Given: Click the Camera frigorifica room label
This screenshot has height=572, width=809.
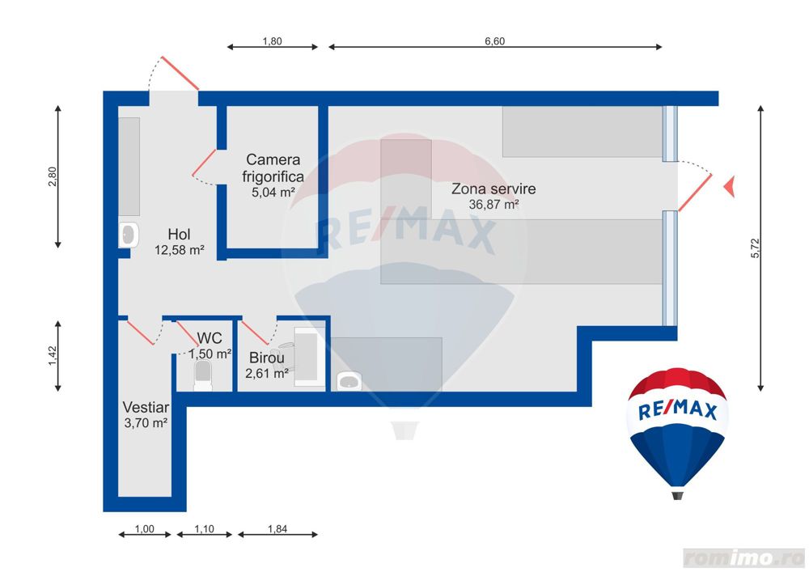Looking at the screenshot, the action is pyautogui.click(x=273, y=168).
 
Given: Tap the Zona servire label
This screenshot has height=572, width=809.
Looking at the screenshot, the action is pyautogui.click(x=493, y=189).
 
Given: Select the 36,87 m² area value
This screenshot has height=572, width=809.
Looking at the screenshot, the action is pyautogui.click(x=493, y=204).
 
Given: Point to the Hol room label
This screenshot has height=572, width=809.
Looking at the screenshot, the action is pyautogui.click(x=179, y=234).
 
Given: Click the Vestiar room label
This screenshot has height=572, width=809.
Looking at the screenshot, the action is pyautogui.click(x=146, y=407).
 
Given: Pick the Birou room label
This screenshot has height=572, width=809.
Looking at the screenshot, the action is pyautogui.click(x=266, y=358).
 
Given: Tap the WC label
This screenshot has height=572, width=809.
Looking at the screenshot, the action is pyautogui.click(x=210, y=338).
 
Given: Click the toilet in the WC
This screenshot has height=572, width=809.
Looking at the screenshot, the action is pyautogui.click(x=202, y=375).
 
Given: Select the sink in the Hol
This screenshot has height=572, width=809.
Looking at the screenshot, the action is pyautogui.click(x=129, y=235).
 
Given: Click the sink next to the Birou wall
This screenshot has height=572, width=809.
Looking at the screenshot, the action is pyautogui.click(x=349, y=382).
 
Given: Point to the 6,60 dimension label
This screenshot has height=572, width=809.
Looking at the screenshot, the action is pyautogui.click(x=494, y=41).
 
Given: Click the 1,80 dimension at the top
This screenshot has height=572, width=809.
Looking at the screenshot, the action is pyautogui.click(x=272, y=41).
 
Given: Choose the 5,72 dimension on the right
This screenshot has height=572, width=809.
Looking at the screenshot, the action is pyautogui.click(x=756, y=248).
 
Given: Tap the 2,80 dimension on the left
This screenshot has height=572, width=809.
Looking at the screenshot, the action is pyautogui.click(x=52, y=177).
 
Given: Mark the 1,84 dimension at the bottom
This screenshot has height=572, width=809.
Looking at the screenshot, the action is pyautogui.click(x=277, y=528).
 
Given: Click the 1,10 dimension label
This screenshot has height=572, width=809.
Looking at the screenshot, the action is pyautogui.click(x=204, y=528).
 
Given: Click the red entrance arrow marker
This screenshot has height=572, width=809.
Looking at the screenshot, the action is pyautogui.click(x=730, y=186).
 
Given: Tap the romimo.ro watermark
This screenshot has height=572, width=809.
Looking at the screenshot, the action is pyautogui.click(x=743, y=557).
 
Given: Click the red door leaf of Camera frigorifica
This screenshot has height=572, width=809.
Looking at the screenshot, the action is pyautogui.click(x=204, y=163).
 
